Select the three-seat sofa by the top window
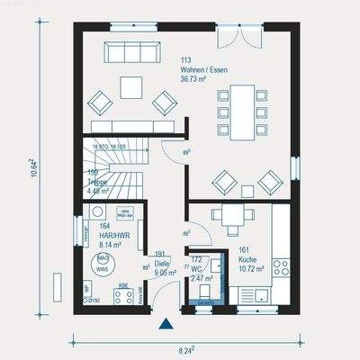pyautogui.click(x=131, y=51)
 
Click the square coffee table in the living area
pyautogui.click(x=132, y=86)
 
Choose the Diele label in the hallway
pyautogui.click(x=163, y=263)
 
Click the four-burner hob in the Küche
pyautogui.click(x=281, y=266)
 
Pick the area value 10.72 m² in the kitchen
pyautogui.click(x=250, y=269)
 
